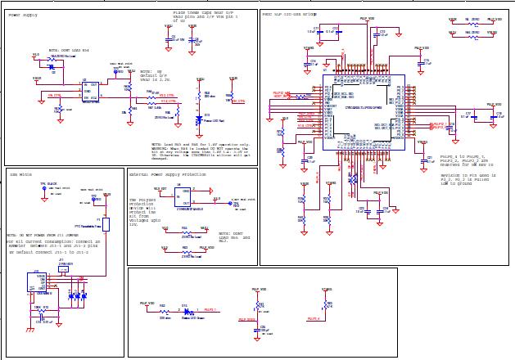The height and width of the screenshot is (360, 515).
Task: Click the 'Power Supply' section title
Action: pos(23,15)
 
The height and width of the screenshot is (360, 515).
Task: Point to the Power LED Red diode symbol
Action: pos(199,119)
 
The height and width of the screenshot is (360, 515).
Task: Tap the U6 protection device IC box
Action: pos(186,197)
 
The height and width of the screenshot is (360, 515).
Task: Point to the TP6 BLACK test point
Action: pos(49,187)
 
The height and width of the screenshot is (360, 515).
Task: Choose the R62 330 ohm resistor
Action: pos(163,311)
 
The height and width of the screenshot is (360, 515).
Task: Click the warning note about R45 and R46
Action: pos(200,152)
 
